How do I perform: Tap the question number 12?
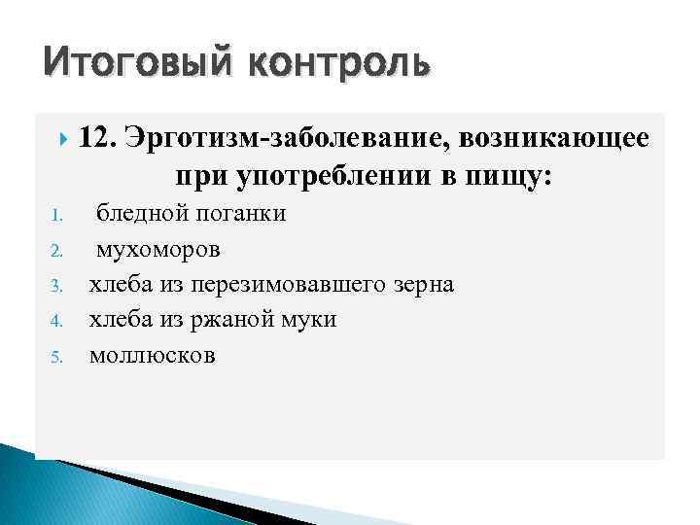coord(97,138)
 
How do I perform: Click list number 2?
coord(56,251)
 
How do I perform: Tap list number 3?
coord(56,286)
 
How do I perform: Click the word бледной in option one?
coord(141,214)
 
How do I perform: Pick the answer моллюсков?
coord(153,356)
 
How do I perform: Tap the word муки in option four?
coord(310,320)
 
